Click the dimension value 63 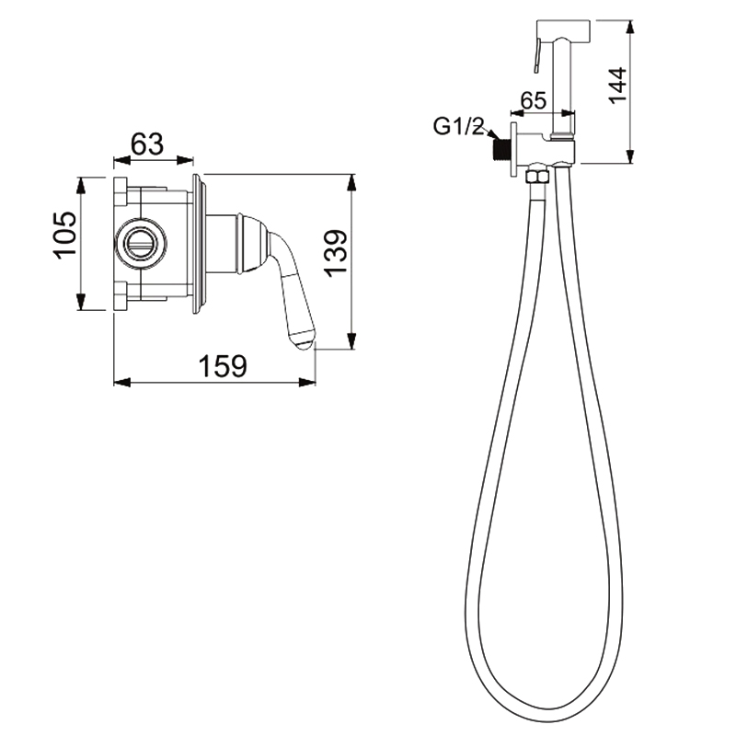147,144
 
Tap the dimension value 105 64,235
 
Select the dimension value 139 336,254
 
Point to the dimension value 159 222,366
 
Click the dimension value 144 616,85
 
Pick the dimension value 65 534,100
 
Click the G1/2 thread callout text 458,126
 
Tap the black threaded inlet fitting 502,151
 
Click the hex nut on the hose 536,178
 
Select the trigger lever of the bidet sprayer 538,55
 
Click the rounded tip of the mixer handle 303,340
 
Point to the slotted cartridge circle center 141,243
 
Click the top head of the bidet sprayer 563,29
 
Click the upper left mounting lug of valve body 121,192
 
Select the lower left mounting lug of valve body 121,295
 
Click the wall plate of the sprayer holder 513,150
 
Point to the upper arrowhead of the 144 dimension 631,28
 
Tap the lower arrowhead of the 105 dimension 81,302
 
